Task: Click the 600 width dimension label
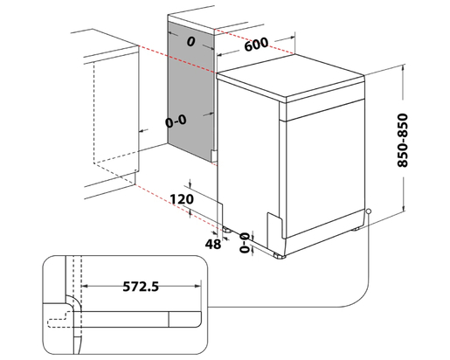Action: point(256,45)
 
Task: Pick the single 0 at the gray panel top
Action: point(189,40)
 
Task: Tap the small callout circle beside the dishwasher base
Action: point(370,212)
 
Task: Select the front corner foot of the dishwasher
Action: point(279,254)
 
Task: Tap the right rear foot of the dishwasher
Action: point(357,230)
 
